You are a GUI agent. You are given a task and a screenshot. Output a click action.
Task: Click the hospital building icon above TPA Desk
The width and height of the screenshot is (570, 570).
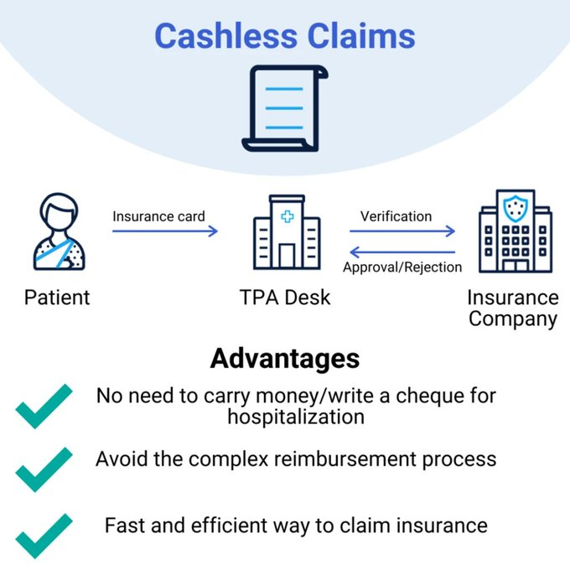tap(287, 233)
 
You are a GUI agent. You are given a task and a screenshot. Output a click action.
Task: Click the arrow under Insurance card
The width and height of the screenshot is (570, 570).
tap(165, 232)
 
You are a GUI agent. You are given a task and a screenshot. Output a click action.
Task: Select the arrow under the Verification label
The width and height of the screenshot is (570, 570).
tap(402, 232)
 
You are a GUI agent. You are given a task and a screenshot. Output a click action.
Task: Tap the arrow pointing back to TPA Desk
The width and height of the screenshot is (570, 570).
tap(402, 251)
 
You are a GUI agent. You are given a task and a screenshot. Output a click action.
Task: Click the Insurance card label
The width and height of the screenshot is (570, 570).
tap(158, 216)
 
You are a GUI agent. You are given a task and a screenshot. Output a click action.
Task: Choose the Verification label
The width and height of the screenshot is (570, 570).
tap(396, 216)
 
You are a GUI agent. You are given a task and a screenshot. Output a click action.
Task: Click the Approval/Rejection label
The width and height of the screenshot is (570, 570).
tap(402, 267)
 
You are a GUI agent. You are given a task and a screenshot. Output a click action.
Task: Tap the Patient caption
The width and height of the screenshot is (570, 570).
tap(57, 297)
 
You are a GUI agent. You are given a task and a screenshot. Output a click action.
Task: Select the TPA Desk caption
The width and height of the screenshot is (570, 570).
tap(286, 297)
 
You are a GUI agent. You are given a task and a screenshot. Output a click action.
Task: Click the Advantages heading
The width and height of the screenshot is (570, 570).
tap(285, 358)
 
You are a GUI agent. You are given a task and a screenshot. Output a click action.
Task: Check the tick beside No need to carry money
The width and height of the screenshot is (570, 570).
tap(44, 406)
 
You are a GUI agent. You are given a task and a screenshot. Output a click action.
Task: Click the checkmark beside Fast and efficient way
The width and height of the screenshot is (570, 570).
tap(44, 534)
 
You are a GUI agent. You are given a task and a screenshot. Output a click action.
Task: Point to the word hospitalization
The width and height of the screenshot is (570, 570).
tap(296, 417)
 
